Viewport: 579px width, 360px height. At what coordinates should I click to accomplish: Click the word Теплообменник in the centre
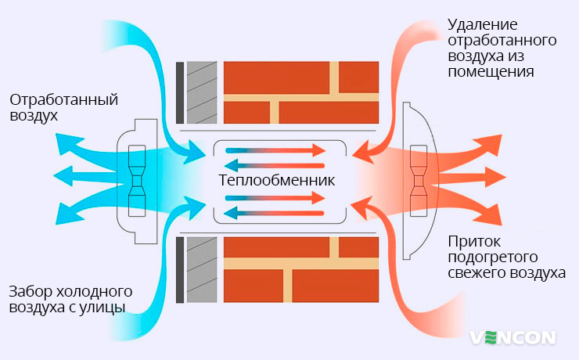pyautogui.click(x=277, y=181)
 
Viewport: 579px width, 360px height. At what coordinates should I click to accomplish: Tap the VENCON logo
pyautogui.click(x=512, y=337)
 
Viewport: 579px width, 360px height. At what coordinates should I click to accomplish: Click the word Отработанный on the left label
pyautogui.click(x=63, y=100)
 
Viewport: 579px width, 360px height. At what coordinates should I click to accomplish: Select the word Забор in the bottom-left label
pyautogui.click(x=30, y=291)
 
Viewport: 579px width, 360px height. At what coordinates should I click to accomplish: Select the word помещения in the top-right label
pyautogui.click(x=491, y=71)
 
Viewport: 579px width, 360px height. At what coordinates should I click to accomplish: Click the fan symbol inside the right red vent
pyautogui.click(x=419, y=181)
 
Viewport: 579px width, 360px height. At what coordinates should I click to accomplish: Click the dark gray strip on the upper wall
pyautogui.click(x=180, y=92)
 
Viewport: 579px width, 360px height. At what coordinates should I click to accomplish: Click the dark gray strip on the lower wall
pyautogui.click(x=180, y=270)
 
